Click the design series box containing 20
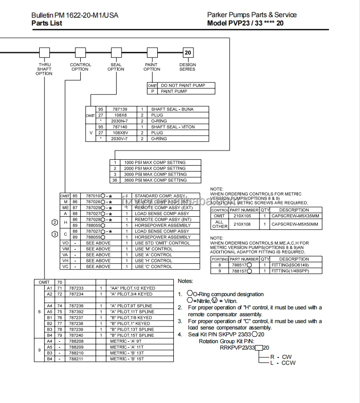[188, 52]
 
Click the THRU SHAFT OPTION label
[44, 69]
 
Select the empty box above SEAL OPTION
[116, 52]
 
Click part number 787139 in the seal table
[120, 109]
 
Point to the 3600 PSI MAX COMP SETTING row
[155, 180]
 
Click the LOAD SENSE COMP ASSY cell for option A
[162, 214]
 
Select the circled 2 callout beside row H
[55, 223]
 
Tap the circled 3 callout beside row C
[55, 234]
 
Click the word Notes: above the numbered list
[185, 281]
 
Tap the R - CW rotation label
[281, 357]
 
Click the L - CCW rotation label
[283, 363]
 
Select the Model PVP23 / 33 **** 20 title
[245, 23]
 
